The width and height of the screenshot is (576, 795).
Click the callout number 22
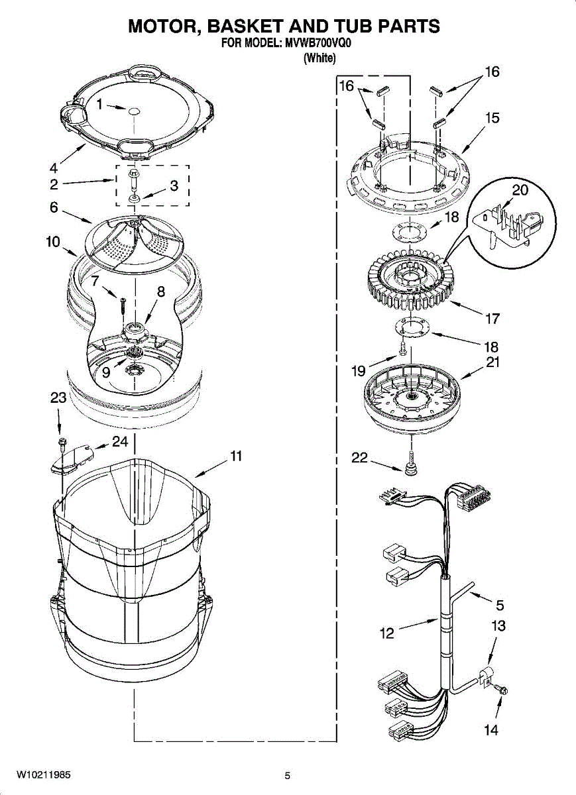point(359,457)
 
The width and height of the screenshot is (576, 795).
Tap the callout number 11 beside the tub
point(236,456)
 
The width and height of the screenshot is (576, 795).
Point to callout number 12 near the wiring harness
point(387,633)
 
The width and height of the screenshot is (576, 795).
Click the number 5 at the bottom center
point(288,776)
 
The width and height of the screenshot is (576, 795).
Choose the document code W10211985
point(44,774)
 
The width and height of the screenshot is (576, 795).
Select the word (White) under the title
point(319,58)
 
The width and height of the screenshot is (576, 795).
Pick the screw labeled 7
point(123,306)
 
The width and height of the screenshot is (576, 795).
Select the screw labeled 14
point(503,692)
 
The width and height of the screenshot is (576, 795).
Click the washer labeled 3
point(135,197)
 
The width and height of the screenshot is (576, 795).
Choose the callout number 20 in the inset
point(521,190)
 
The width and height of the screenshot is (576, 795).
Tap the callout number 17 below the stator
point(492,319)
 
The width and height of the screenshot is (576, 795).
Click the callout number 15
point(492,119)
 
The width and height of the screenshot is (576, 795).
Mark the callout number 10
point(53,242)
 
